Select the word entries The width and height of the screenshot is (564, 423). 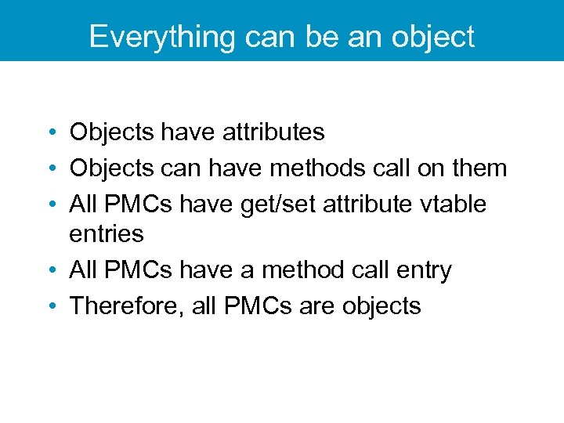107,234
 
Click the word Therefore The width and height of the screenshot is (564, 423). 126,305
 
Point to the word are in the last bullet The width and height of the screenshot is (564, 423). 317,305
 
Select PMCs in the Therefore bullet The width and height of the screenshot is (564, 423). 257,305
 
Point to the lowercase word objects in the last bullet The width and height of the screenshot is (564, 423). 381,305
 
